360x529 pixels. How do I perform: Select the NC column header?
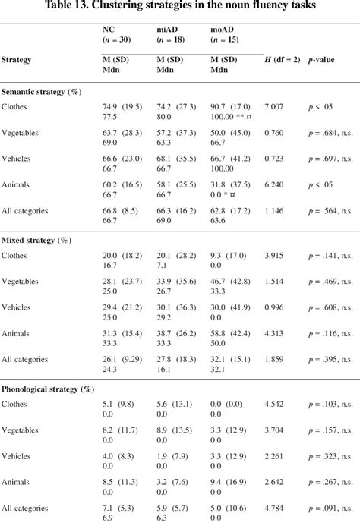click(x=109, y=31)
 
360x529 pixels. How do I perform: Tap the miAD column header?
click(x=168, y=31)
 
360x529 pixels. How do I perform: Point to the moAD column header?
click(x=223, y=31)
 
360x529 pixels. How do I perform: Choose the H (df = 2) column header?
click(x=281, y=58)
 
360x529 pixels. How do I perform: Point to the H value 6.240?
click(x=275, y=183)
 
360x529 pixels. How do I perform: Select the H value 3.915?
click(x=275, y=256)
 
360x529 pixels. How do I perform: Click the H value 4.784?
click(x=275, y=506)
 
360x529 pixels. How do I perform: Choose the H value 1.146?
click(x=275, y=209)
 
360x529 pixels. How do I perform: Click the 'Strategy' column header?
click(x=17, y=58)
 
